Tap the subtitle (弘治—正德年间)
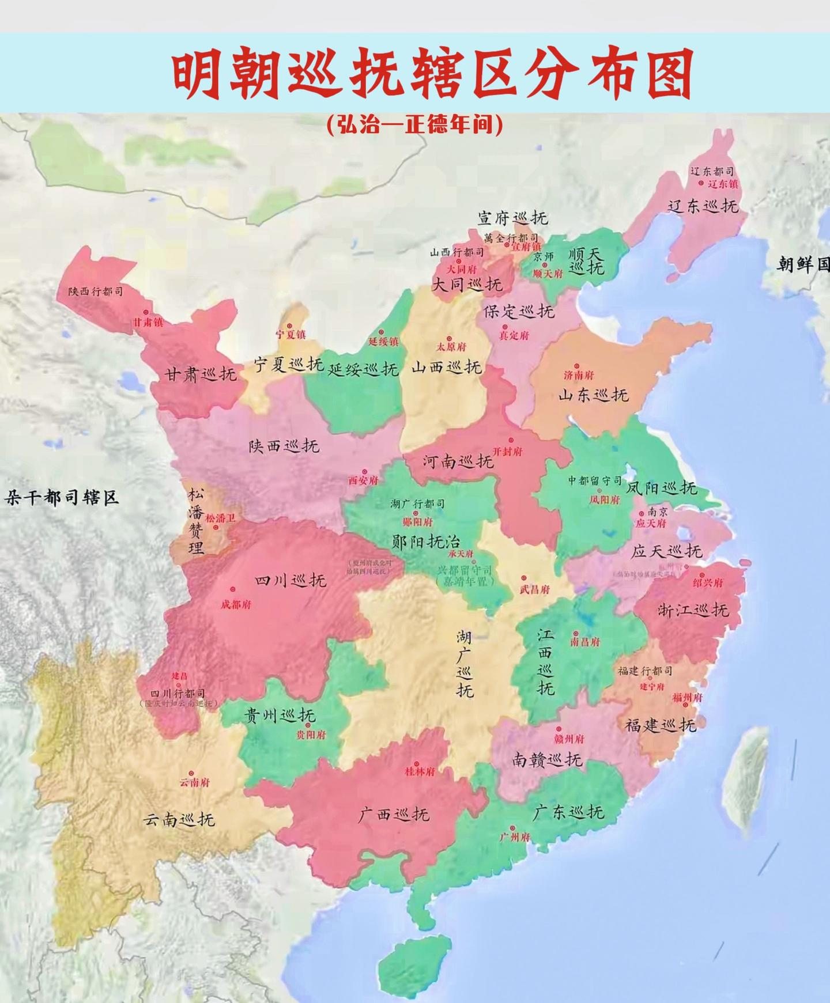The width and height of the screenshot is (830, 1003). coord(414,125)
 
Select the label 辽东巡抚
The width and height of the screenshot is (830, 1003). coord(703,206)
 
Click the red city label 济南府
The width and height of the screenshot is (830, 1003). coord(579,376)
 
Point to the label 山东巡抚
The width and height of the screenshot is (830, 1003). coord(593,395)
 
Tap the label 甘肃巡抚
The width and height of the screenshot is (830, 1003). coord(201,375)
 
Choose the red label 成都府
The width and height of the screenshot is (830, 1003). coord(236,605)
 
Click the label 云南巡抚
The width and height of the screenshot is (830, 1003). coord(179,819)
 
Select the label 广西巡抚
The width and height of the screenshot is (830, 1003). coord(394,814)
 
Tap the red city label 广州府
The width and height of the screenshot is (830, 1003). coord(514,837)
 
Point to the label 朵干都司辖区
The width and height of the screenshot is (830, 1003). coord(62,497)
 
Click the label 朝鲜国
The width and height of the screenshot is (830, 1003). coord(802,264)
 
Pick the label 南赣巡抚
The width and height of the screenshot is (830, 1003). coord(547,760)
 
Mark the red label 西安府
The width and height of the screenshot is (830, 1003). coord(363,480)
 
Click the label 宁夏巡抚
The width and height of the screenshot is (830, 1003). coord(289,365)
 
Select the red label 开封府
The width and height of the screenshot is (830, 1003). coord(507,452)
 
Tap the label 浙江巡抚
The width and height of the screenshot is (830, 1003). coord(693,610)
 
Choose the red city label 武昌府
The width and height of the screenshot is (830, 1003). coord(534,589)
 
